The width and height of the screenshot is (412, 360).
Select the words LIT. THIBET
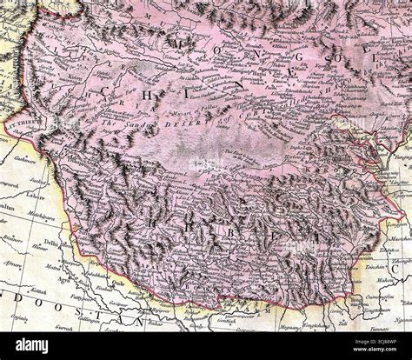[20, 126]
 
